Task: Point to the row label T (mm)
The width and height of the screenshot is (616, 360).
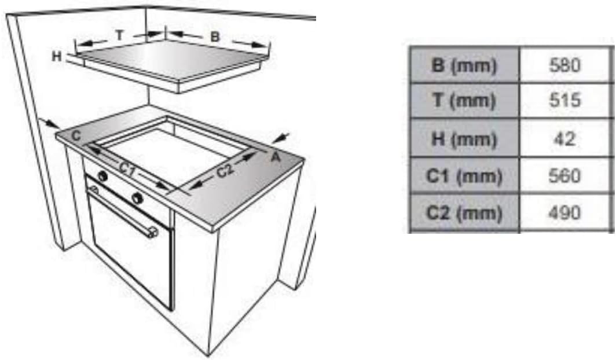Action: [464, 101]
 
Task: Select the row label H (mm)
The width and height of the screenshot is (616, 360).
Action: [464, 138]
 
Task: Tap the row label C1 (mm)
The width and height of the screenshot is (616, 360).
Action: [464, 175]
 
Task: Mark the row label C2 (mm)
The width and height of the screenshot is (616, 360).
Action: [464, 213]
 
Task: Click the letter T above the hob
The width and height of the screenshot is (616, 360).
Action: [120, 35]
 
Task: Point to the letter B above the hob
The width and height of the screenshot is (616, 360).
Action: [214, 37]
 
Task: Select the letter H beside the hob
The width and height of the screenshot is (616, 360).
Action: [57, 56]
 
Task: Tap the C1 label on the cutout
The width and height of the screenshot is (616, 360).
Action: [127, 170]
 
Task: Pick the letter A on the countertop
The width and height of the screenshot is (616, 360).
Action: [276, 157]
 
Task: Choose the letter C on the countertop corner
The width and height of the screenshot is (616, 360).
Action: [76, 136]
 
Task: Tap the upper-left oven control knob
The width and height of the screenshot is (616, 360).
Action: [103, 176]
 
